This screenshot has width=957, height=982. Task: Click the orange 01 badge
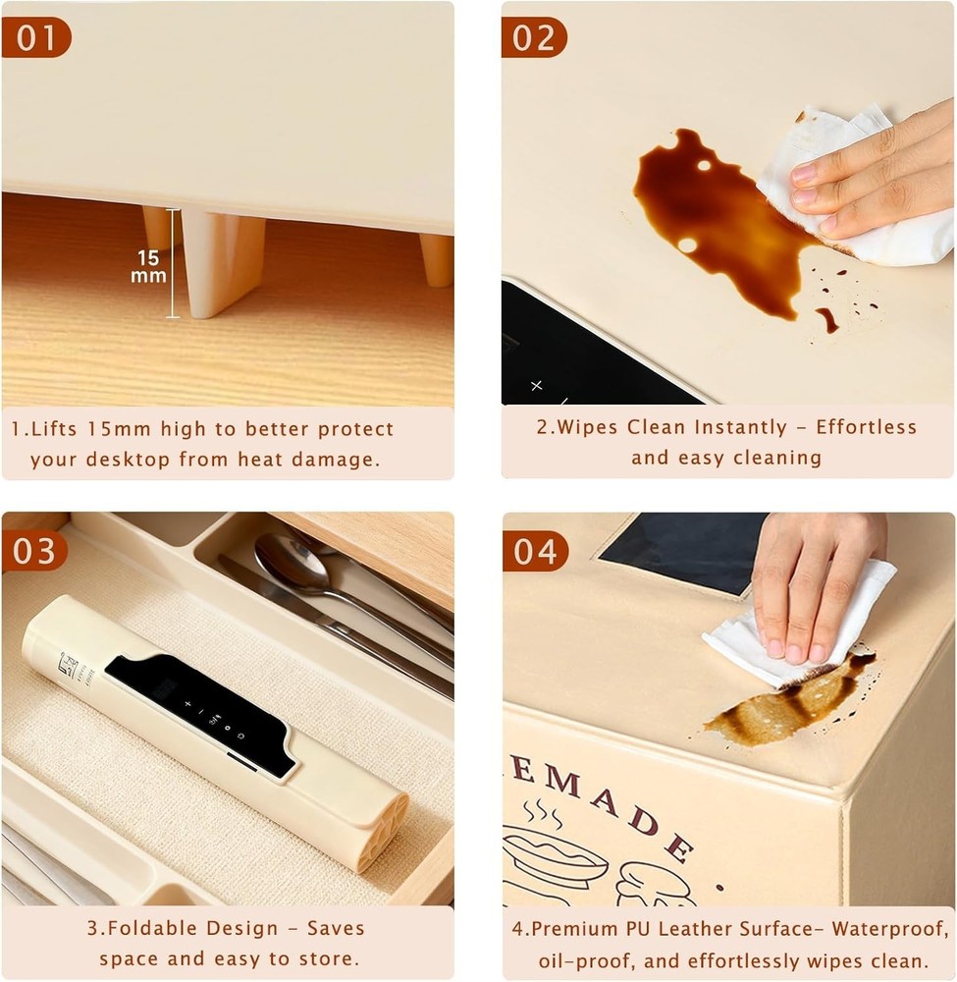coord(35,37)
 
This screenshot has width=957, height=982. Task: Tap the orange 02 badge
coord(535,37)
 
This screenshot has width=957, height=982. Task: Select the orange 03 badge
coord(35,551)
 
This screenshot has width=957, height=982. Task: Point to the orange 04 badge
coord(536,551)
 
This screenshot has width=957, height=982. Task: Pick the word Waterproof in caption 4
coord(878,929)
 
